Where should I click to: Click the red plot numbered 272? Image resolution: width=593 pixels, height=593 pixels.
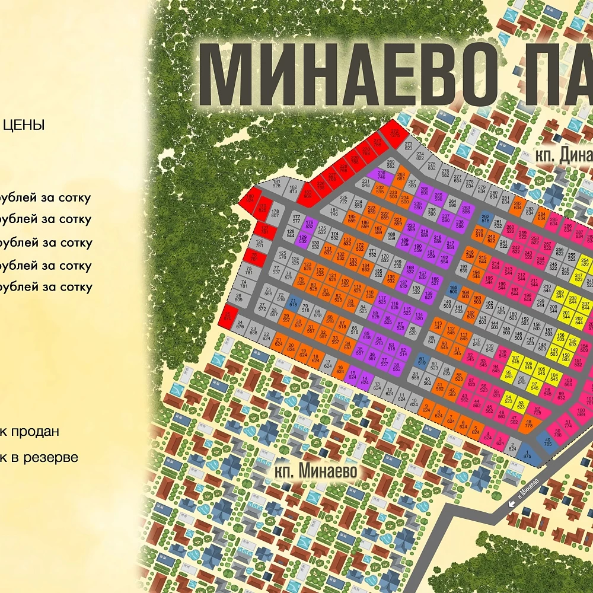pyautogui.click(x=394, y=133)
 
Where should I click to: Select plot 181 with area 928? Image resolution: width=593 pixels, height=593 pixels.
pyautogui.click(x=276, y=184)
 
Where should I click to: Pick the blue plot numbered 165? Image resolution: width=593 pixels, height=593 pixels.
pyautogui.click(x=454, y=290)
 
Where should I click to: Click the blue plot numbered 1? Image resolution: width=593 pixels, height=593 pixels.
pyautogui.click(x=527, y=454)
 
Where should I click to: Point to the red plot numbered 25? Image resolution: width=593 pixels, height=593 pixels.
pyautogui.click(x=228, y=317)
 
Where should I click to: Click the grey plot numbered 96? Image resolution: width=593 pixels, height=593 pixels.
pyautogui.click(x=522, y=380)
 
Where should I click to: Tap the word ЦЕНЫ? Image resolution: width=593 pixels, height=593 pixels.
pyautogui.click(x=24, y=125)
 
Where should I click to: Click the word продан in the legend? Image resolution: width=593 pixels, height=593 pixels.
pyautogui.click(x=36, y=431)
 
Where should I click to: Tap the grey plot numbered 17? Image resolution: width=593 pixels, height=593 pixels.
pyautogui.click(x=327, y=364)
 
